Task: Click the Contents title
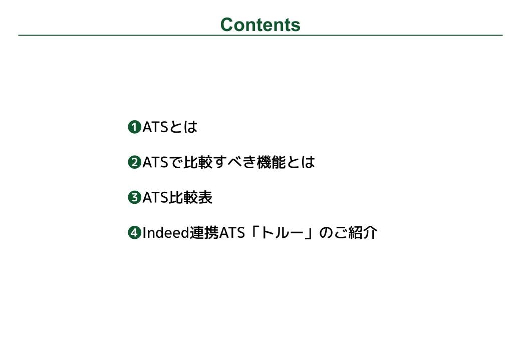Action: [x=260, y=25]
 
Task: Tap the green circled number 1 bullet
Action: [x=134, y=127]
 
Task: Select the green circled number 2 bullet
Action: [x=134, y=162]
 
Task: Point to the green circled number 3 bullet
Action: [x=134, y=197]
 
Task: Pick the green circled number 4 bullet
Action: [x=134, y=232]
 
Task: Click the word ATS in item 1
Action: [x=155, y=127]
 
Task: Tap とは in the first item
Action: [x=183, y=127]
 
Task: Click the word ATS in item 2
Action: [x=155, y=162]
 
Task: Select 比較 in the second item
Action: [x=198, y=162]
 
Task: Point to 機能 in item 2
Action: [x=271, y=162]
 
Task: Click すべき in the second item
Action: [x=234, y=162]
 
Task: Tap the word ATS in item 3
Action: [x=155, y=197]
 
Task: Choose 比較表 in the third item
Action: [x=191, y=197]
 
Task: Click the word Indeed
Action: [x=166, y=232]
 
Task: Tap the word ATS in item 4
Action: [x=232, y=232]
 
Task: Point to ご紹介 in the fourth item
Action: [x=355, y=232]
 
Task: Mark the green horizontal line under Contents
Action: [x=260, y=35]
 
